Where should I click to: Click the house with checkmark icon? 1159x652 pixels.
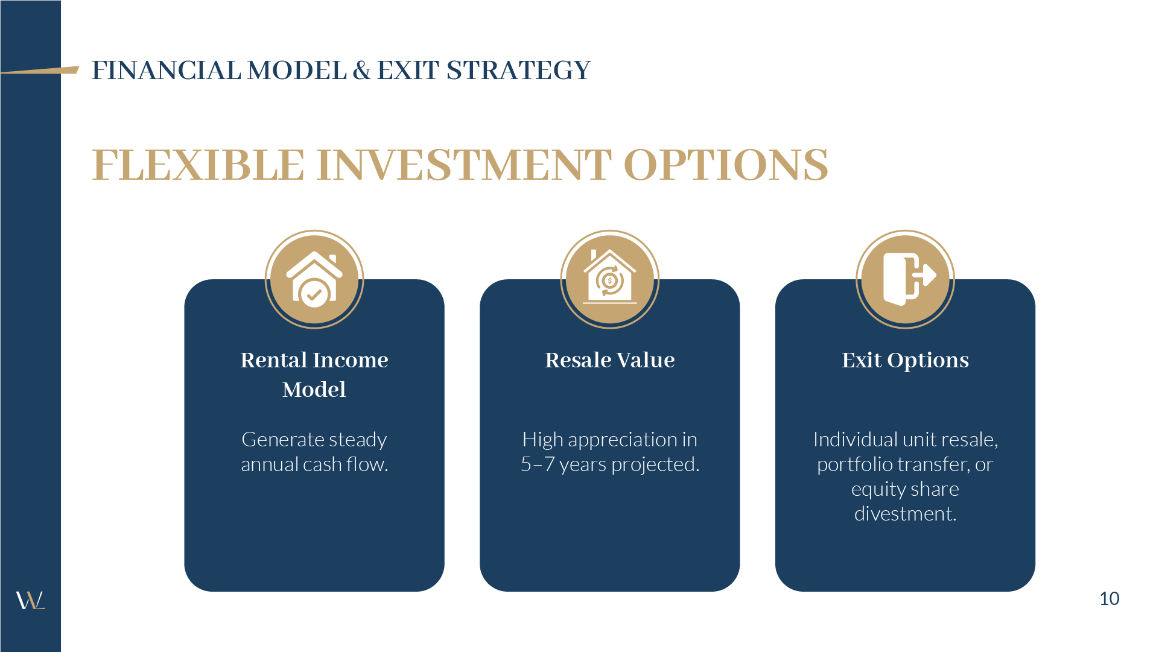point(314,279)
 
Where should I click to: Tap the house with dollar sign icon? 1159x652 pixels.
point(609,279)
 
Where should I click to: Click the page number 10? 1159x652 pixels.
point(1109,598)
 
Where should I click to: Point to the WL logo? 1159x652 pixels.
point(30,600)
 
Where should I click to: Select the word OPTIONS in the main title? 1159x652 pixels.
point(725,165)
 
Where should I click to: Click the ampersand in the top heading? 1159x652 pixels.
point(361,71)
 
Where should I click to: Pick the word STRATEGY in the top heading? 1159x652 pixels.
point(518,71)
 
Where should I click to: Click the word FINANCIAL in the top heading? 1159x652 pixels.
point(167,71)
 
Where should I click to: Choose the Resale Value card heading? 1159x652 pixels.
point(609,360)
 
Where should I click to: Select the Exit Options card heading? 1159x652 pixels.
point(905,360)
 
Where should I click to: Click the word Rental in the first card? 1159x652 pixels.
point(274,360)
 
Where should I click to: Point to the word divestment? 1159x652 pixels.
point(905,514)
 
